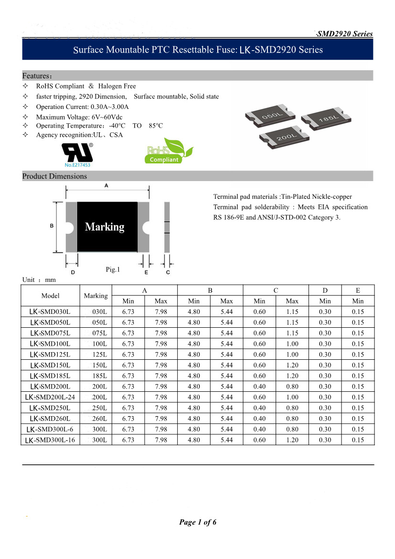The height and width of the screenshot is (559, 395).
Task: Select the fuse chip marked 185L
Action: coord(328,119)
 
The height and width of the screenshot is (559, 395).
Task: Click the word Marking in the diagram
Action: coord(105,227)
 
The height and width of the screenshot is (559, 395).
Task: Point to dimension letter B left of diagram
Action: coord(51,226)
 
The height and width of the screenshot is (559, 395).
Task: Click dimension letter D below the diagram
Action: coord(73,272)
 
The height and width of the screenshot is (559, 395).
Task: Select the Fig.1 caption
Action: coord(113,269)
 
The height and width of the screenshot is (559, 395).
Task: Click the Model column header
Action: coord(50,296)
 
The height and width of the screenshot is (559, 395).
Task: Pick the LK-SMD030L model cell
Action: coord(50,312)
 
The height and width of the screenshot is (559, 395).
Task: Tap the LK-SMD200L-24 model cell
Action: coord(50,397)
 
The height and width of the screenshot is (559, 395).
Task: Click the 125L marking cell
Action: coord(99,355)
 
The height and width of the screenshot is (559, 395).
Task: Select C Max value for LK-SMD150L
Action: coord(292,365)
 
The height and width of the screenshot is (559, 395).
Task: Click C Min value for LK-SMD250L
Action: coord(259,408)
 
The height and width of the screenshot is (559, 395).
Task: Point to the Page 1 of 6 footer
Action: coord(198,522)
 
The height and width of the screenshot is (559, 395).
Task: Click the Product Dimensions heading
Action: coord(54,176)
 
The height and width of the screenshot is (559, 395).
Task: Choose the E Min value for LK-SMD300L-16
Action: coord(358,440)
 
